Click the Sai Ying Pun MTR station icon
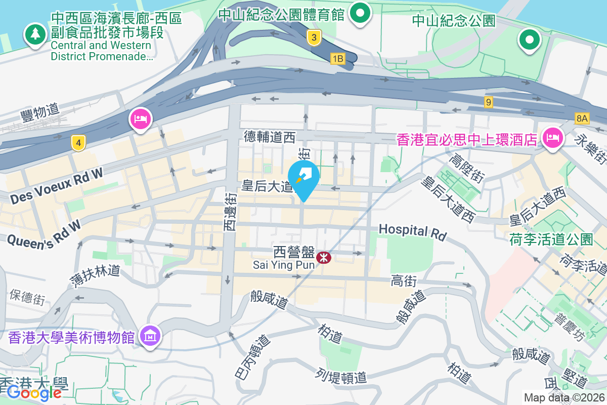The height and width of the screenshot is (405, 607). (x=324, y=258)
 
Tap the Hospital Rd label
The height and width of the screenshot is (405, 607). (x=413, y=232)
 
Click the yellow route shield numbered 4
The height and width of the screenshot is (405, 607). (x=78, y=143)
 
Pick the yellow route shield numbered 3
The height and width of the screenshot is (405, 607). (x=314, y=37)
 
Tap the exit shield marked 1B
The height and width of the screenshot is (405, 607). (x=338, y=59)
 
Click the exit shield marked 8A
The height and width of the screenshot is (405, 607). (x=582, y=118)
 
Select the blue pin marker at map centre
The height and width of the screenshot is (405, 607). (x=303, y=178)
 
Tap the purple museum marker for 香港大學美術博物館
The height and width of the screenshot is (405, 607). (x=151, y=336)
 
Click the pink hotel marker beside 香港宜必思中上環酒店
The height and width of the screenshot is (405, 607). (x=553, y=137)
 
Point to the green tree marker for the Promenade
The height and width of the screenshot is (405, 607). (x=35, y=34)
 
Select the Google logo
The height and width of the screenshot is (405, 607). (x=34, y=392)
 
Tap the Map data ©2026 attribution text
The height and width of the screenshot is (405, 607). (x=563, y=398)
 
